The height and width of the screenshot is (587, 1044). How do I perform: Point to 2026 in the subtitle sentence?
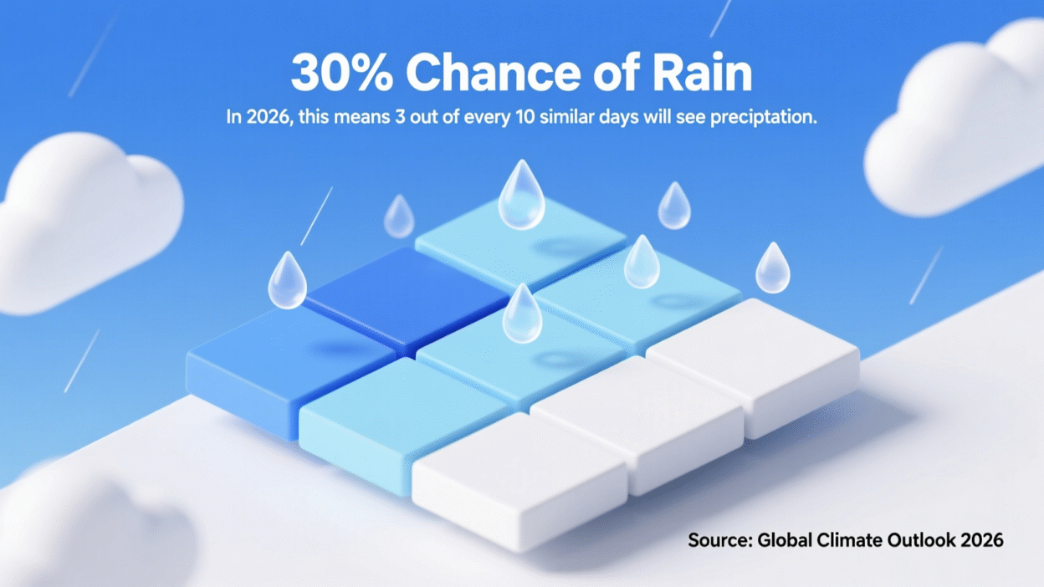pos(262,117)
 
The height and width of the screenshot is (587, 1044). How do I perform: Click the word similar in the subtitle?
pos(569,117)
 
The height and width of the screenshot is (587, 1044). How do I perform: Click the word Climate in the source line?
pos(844,540)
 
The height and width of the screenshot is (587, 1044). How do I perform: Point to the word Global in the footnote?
pos(784,540)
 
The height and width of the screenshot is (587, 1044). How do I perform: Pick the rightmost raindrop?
pos(772,268)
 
